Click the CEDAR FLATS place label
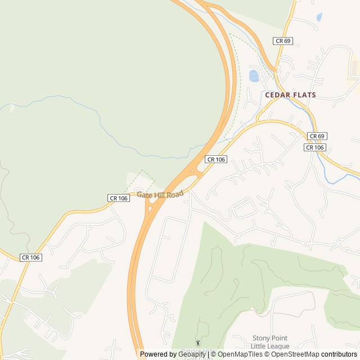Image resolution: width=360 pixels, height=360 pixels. click(x=290, y=95)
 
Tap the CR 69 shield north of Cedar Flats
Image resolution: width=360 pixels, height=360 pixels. click(x=283, y=41)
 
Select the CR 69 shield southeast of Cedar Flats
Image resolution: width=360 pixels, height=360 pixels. click(x=317, y=137)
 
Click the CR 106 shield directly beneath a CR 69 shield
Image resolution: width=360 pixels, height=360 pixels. click(x=315, y=147)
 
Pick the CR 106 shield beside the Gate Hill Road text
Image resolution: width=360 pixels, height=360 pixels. click(x=118, y=198)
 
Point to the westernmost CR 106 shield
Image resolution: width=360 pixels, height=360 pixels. click(x=30, y=257)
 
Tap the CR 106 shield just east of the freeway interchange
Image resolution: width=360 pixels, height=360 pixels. click(x=216, y=160)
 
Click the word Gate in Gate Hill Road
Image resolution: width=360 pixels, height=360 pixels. click(x=145, y=195)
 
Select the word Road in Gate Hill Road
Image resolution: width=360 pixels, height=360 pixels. click(x=175, y=194)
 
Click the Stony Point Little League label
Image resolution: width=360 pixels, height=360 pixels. click(x=271, y=342)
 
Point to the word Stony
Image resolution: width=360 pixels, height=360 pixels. click(x=261, y=338)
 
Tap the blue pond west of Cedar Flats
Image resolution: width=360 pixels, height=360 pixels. click(x=254, y=75)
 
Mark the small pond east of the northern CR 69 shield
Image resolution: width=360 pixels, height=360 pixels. click(x=319, y=17)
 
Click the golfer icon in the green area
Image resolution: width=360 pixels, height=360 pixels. click(x=197, y=343)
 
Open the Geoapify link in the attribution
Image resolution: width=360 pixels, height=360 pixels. click(x=192, y=354)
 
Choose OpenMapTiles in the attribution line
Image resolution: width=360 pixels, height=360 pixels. click(x=239, y=354)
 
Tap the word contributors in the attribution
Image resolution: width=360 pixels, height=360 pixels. click(x=339, y=354)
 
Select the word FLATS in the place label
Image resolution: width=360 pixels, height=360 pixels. click(x=304, y=95)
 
